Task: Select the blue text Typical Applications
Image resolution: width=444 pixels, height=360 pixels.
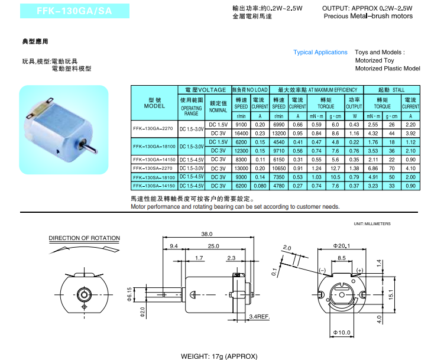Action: [320, 53]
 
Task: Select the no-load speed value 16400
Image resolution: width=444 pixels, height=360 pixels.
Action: [241, 134]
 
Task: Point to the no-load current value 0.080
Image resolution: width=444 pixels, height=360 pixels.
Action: [260, 186]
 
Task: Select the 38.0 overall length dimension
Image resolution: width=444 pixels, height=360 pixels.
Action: [206, 233]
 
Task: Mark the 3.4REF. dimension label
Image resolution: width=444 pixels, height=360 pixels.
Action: [259, 317]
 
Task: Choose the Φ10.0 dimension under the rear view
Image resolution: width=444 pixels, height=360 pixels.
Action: [342, 333]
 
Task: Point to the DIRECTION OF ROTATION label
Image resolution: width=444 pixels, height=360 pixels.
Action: [84, 238]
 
